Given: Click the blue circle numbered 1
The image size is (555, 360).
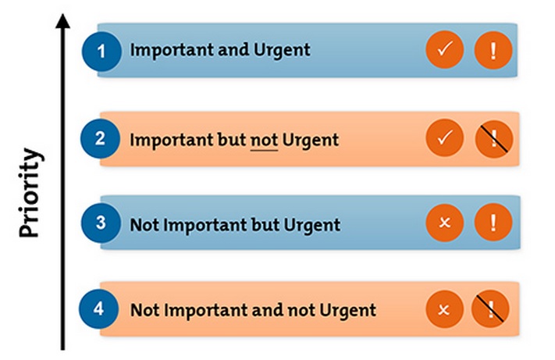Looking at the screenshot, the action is pyautogui.click(x=101, y=51).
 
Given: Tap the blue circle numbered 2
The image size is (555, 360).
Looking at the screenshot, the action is pyautogui.click(x=100, y=138).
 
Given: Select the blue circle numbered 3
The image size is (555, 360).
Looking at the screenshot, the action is pyautogui.click(x=101, y=223).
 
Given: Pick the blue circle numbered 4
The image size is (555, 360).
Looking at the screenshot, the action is pyautogui.click(x=98, y=309).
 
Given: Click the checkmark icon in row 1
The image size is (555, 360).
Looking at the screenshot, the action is pyautogui.click(x=445, y=49).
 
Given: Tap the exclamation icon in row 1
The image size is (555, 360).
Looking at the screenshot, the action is pyautogui.click(x=493, y=50).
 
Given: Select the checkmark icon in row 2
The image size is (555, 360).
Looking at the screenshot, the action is pyautogui.click(x=445, y=138).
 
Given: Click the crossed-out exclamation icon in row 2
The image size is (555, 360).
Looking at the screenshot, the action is pyautogui.click(x=494, y=139).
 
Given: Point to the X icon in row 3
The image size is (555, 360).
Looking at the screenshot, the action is pyautogui.click(x=445, y=223).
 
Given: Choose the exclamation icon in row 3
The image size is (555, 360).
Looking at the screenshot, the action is pyautogui.click(x=493, y=223).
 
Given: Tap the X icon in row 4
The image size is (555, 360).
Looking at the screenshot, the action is pyautogui.click(x=444, y=309).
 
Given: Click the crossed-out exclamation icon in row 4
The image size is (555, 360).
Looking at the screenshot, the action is pyautogui.click(x=490, y=309).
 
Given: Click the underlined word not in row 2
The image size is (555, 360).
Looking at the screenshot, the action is pyautogui.click(x=264, y=141).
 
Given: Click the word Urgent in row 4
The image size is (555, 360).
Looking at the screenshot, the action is pyautogui.click(x=348, y=311).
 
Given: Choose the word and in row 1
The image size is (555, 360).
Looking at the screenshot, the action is pyautogui.click(x=233, y=50).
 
